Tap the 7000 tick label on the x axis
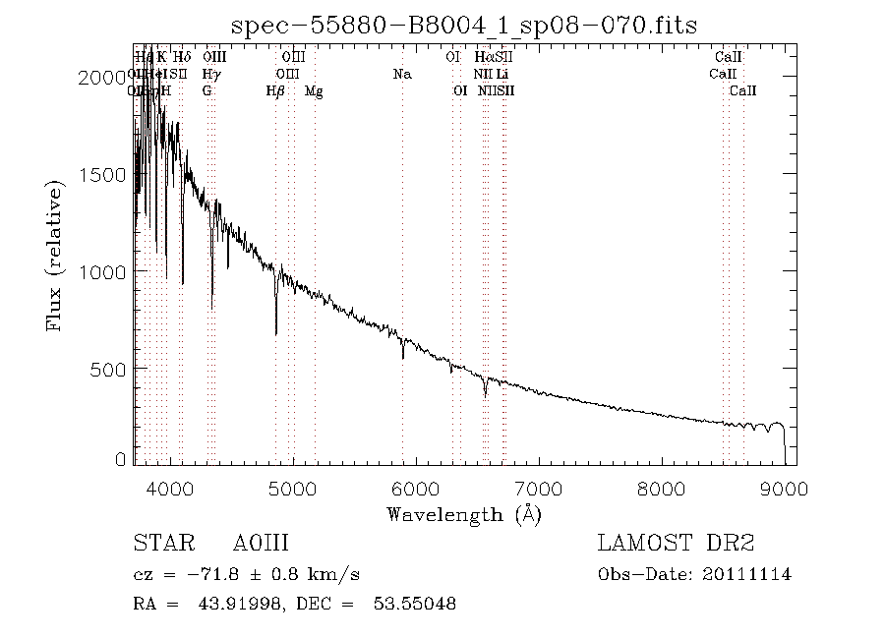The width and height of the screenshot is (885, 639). pos(539,488)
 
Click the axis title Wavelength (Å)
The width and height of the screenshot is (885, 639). pos(464,514)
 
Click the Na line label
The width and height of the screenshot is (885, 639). pos(401,74)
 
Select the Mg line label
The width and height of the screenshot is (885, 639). pos(314,91)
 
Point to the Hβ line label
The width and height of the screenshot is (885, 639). pos(275,91)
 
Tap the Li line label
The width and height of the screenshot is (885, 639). pos(501,74)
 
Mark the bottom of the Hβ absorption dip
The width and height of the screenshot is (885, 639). pos(276,334)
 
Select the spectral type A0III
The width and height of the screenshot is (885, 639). pos(261,544)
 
